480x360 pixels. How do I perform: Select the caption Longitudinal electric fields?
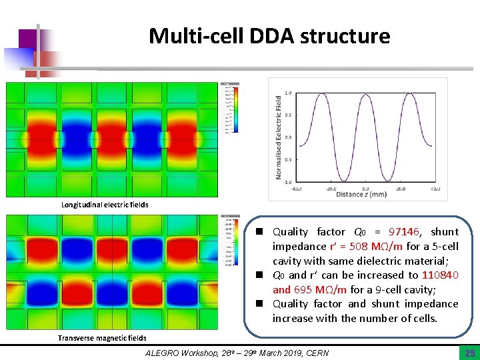pos(105,205)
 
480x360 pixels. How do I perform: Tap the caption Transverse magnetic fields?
pos(102,338)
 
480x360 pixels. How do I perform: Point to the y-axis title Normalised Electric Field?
pos(279,137)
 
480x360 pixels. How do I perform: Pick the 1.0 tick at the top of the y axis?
pos(288,93)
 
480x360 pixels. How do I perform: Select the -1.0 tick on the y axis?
pos(287,181)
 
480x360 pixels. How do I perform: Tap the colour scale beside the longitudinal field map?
pos(229,109)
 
